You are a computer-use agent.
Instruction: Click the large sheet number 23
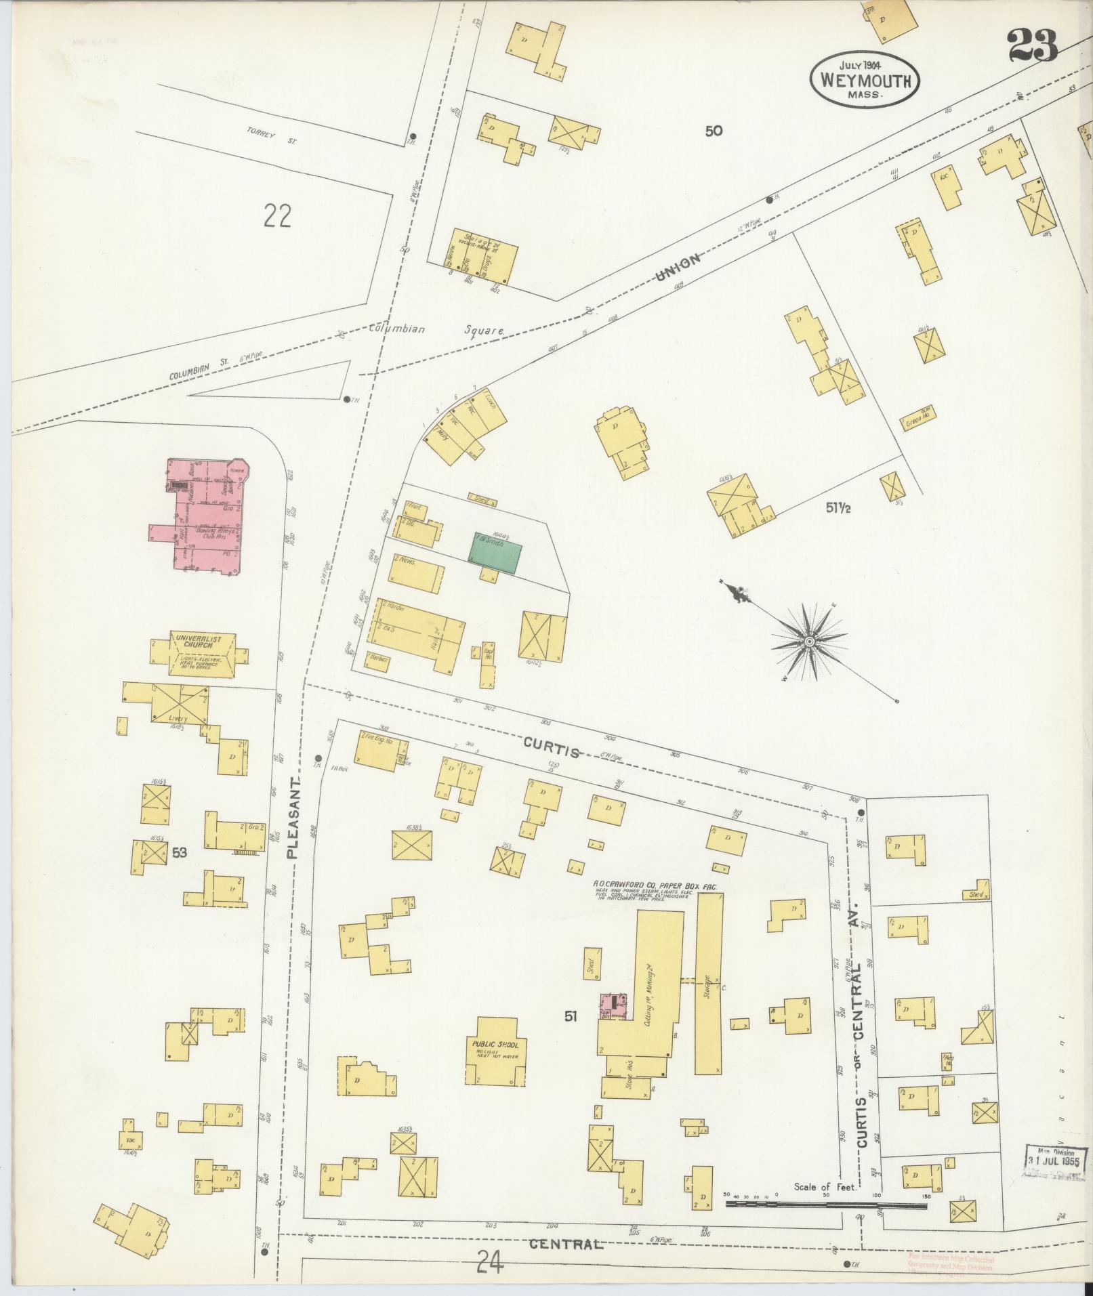pyautogui.click(x=1032, y=45)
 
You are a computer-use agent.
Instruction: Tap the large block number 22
pyautogui.click(x=278, y=216)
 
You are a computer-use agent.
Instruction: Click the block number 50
pyautogui.click(x=714, y=131)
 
